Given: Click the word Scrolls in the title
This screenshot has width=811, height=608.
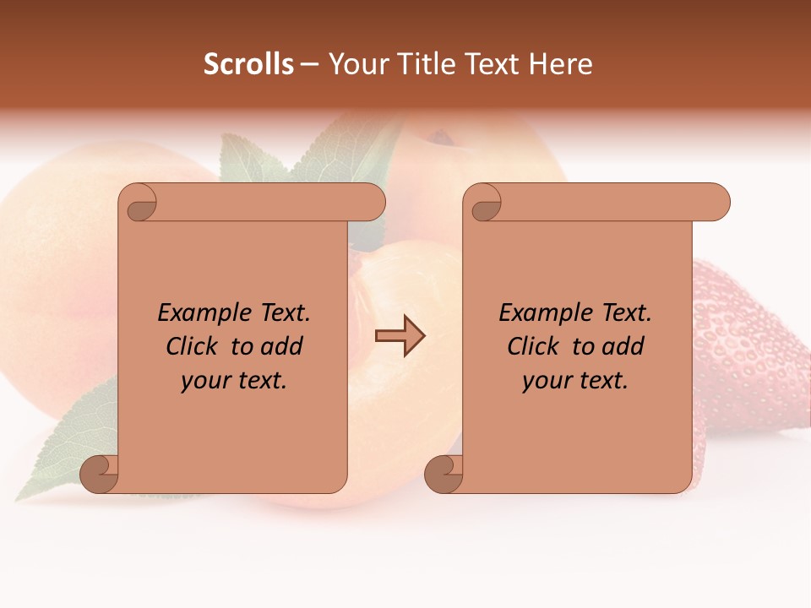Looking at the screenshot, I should (248, 64).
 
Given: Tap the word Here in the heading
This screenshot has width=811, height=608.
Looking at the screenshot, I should (560, 64).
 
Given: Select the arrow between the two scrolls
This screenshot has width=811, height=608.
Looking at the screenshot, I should (400, 336).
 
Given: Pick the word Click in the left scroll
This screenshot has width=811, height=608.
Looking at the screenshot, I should (194, 346).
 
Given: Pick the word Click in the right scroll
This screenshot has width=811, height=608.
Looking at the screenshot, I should (536, 346).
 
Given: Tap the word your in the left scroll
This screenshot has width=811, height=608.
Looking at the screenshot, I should (205, 381).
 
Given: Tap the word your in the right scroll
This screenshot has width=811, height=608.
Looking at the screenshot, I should (547, 381).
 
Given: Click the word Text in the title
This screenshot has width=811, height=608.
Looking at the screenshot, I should (493, 64).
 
